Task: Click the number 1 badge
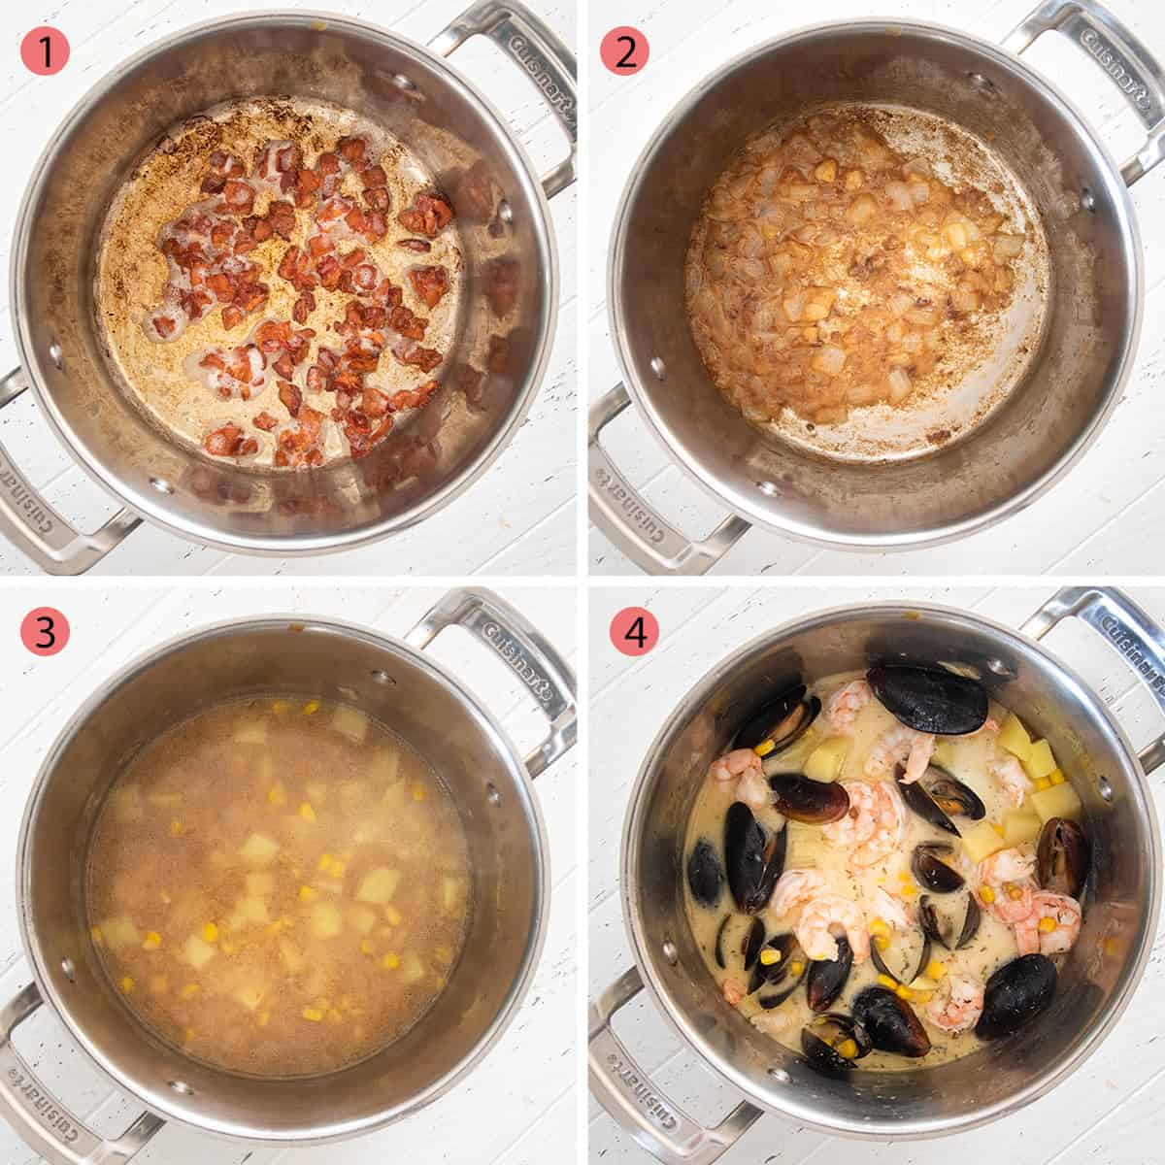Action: point(45,50)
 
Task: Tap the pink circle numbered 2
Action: point(624,50)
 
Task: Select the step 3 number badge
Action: point(45,631)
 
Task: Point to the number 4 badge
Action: point(634,632)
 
